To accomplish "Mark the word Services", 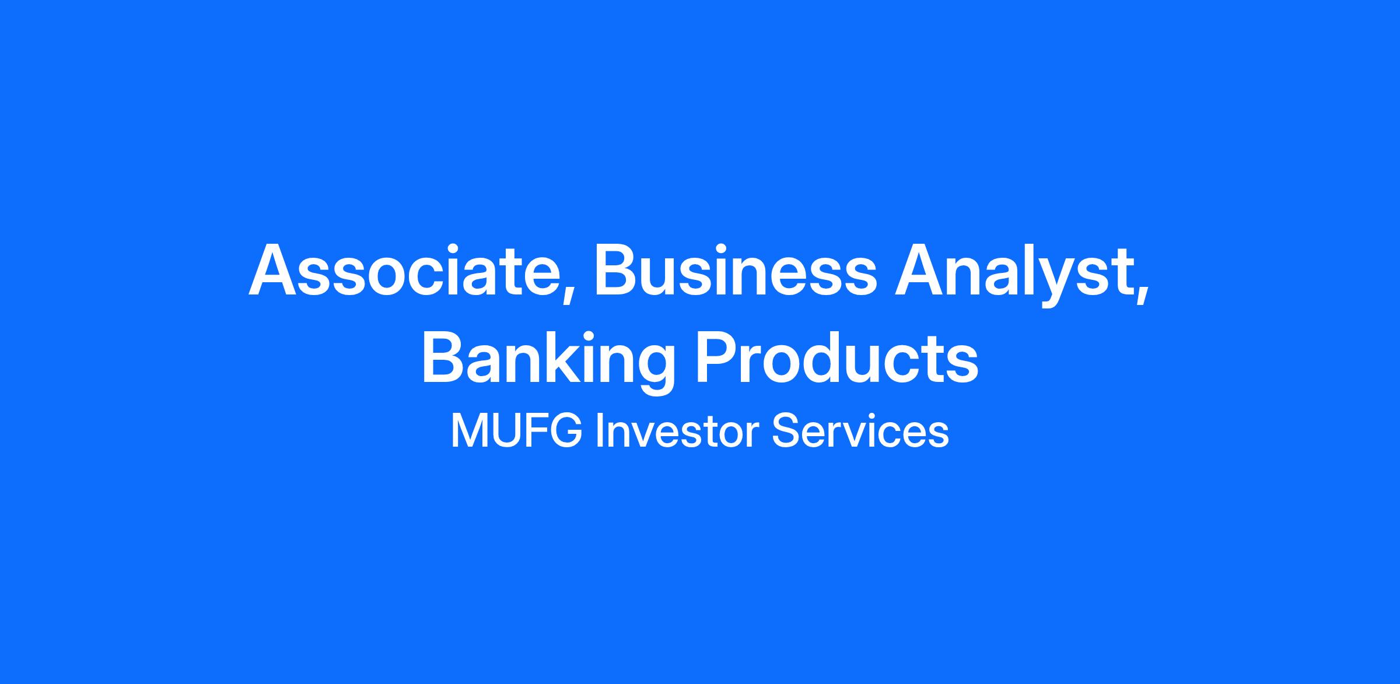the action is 860,432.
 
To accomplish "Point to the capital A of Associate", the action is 274,271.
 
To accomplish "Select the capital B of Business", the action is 617,271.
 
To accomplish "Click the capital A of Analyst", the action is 921,271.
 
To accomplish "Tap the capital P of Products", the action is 719,357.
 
